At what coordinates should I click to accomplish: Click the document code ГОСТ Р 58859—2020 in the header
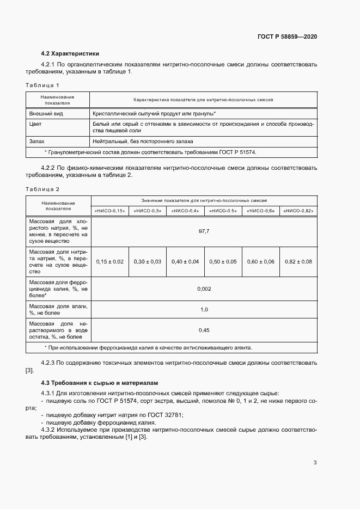(287, 36)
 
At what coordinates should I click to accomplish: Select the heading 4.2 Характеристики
(70, 54)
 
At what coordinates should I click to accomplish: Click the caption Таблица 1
(42, 85)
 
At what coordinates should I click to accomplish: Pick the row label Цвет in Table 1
(35, 124)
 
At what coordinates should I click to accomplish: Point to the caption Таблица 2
(42, 189)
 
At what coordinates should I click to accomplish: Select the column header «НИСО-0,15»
(110, 211)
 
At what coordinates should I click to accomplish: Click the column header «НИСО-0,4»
(186, 211)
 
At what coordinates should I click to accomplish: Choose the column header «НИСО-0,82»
(298, 211)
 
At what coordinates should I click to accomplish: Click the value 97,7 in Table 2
(204, 231)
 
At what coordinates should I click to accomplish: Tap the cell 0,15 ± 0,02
(110, 262)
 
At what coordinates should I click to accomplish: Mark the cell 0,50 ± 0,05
(223, 262)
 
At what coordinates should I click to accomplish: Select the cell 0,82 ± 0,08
(298, 262)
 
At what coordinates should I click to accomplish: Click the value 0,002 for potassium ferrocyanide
(204, 289)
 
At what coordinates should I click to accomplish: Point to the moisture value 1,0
(204, 310)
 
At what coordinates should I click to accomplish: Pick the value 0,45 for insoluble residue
(204, 330)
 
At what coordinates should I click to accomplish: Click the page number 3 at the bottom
(315, 463)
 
